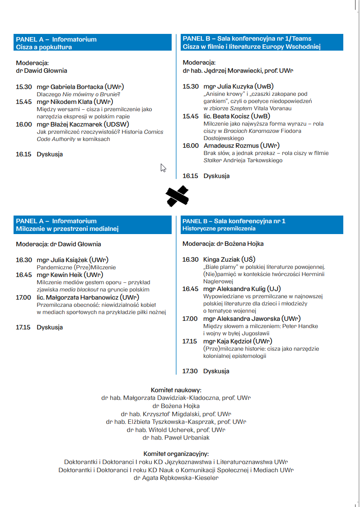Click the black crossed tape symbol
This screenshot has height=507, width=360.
[x=177, y=196]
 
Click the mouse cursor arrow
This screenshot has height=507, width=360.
[x=163, y=168]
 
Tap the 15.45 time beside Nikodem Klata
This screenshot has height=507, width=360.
[x=24, y=102]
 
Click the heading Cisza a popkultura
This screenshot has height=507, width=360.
[x=44, y=47]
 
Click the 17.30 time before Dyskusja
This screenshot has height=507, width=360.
[x=190, y=371]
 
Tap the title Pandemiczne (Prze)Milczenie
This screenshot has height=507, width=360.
[x=76, y=268]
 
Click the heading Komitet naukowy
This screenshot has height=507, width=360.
[x=176, y=390]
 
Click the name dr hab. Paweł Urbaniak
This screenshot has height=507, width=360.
[x=176, y=437]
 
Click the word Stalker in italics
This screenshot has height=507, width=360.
[x=211, y=160]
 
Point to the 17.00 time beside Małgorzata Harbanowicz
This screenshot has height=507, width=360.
[x=24, y=297]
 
